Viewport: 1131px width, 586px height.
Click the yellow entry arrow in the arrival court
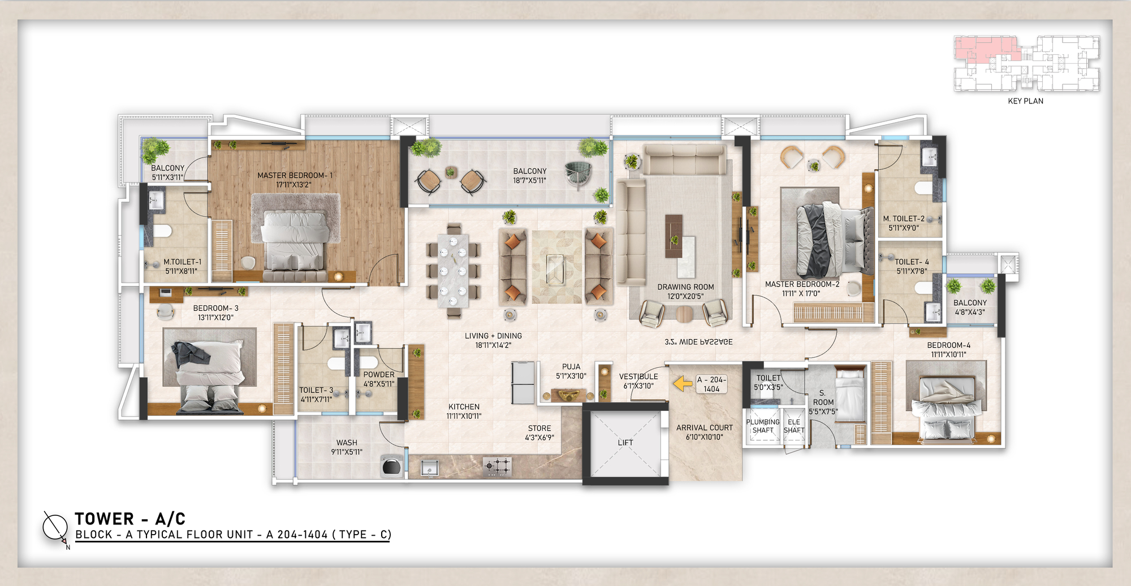click(x=683, y=384)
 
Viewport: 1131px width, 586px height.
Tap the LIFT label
click(x=625, y=442)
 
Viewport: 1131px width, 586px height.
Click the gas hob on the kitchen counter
click(x=497, y=466)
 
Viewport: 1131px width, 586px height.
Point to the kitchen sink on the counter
click(x=430, y=468)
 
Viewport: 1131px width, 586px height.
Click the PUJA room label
click(x=571, y=367)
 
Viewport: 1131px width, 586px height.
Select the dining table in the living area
click(x=453, y=271)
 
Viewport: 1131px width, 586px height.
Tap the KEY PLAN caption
click(x=1025, y=101)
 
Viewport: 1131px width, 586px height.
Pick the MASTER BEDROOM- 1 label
click(x=295, y=176)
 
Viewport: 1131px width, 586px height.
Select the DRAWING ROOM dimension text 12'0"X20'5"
click(x=685, y=296)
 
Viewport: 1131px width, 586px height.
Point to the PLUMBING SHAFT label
click(x=762, y=426)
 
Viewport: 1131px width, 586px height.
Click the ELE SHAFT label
click(x=794, y=426)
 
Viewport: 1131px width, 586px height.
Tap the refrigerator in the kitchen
click(x=523, y=383)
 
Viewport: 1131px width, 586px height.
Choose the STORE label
click(x=539, y=428)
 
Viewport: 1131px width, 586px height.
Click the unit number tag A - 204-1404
click(x=711, y=384)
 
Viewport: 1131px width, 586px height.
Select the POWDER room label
click(x=379, y=375)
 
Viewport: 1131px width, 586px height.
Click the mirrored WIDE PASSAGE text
click(x=698, y=342)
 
